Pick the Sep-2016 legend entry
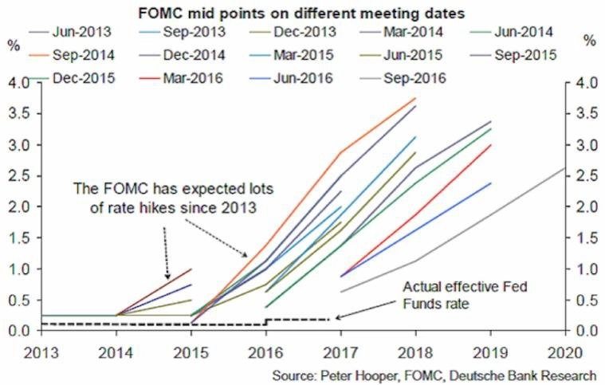pyautogui.click(x=413, y=78)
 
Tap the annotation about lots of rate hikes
pyautogui.click(x=159, y=198)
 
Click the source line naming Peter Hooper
pyautogui.click(x=433, y=375)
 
